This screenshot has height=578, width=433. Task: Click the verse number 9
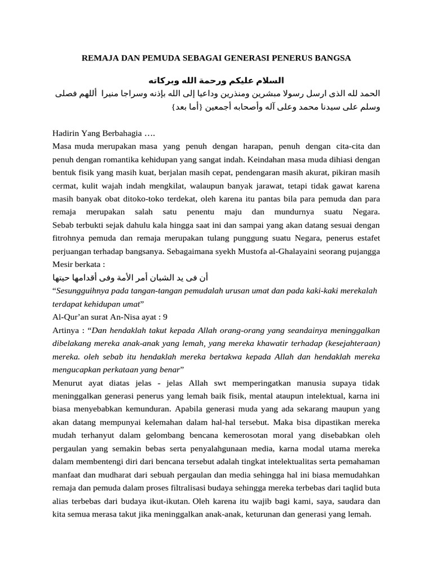click(x=165, y=316)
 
